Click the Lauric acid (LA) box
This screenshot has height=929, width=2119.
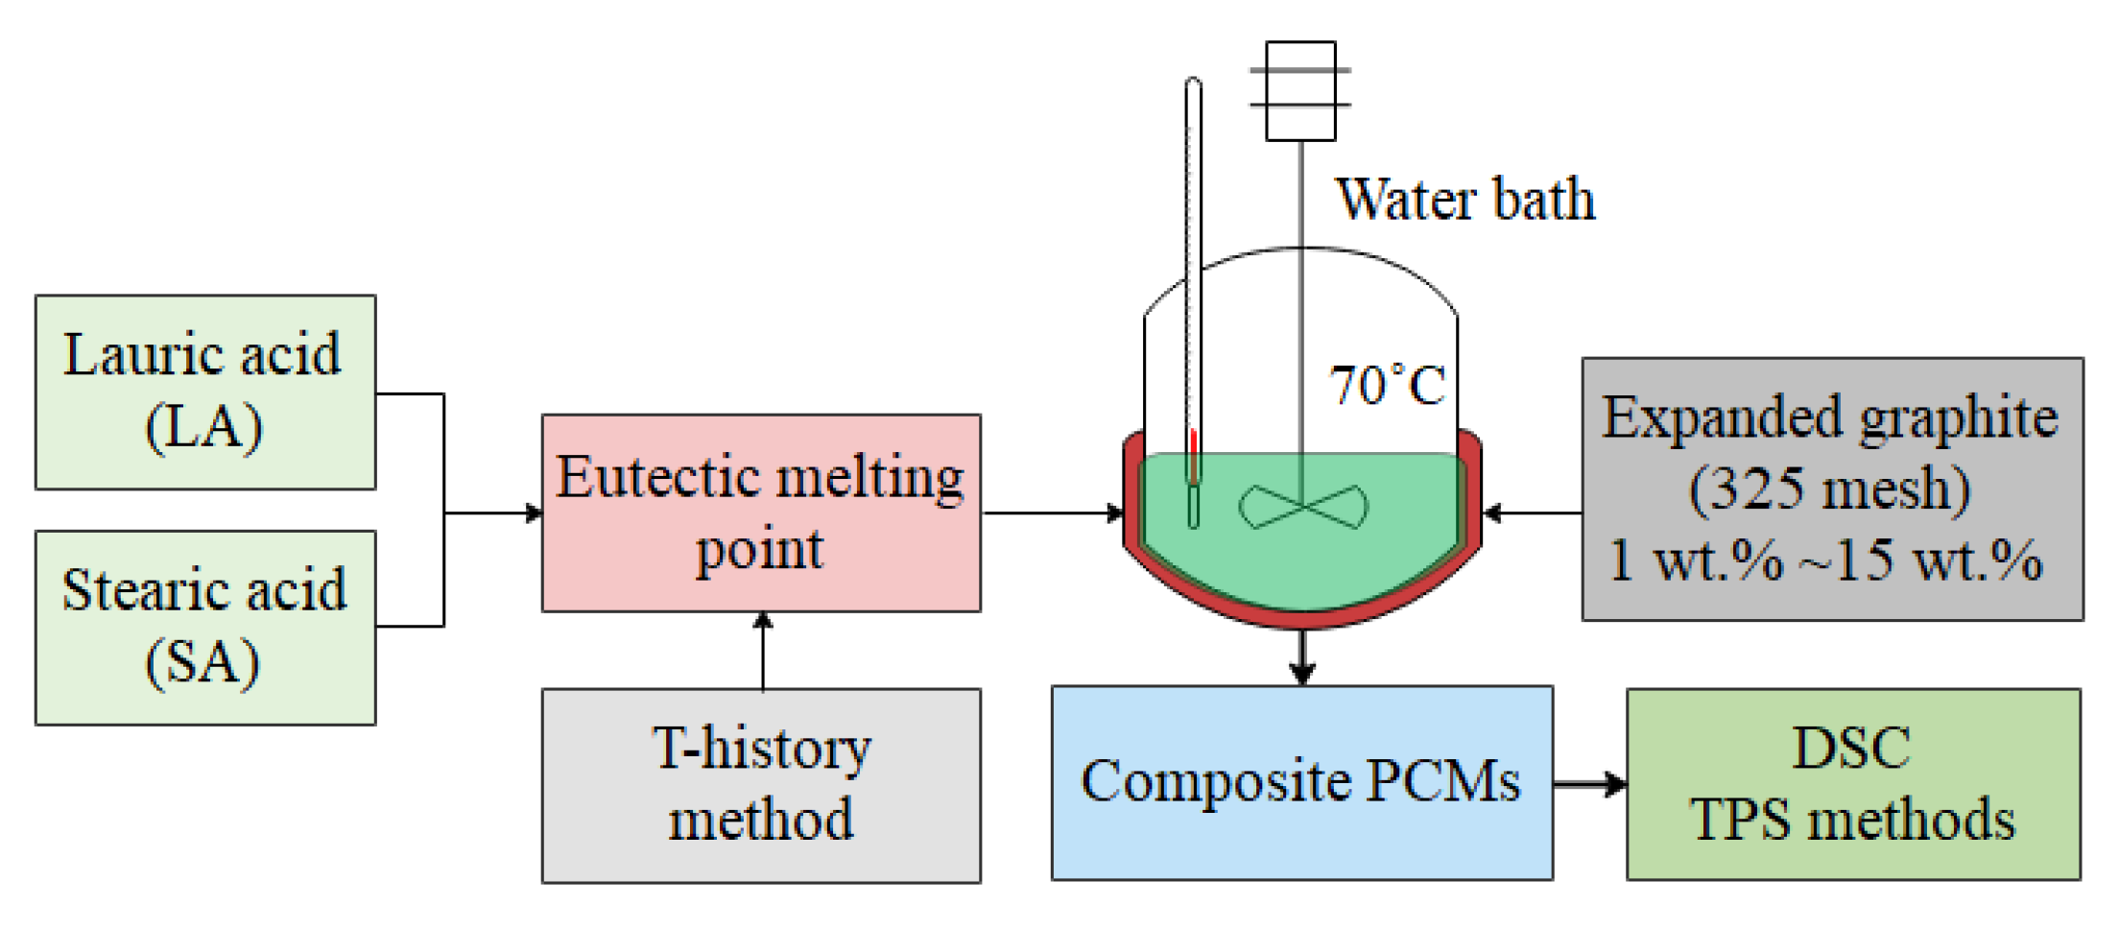(204, 392)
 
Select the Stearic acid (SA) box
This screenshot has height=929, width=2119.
(204, 627)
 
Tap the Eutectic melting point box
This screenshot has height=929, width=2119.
(760, 512)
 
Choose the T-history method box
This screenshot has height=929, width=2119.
(760, 784)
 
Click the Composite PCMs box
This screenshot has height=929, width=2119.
(1300, 781)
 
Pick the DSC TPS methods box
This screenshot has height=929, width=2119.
(1852, 783)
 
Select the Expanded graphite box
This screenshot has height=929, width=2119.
(1831, 488)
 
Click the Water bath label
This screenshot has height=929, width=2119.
(1464, 200)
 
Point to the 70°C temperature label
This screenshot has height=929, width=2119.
(1387, 386)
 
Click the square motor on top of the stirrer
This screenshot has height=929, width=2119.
(1300, 90)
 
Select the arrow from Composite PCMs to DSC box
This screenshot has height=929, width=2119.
(1589, 784)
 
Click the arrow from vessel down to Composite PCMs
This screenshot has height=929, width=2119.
(1301, 656)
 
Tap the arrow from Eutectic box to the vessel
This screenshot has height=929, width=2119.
(1052, 512)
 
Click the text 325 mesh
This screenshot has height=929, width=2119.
(1829, 488)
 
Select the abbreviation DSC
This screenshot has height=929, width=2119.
(1851, 748)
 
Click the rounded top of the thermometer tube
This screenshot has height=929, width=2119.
(1193, 84)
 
